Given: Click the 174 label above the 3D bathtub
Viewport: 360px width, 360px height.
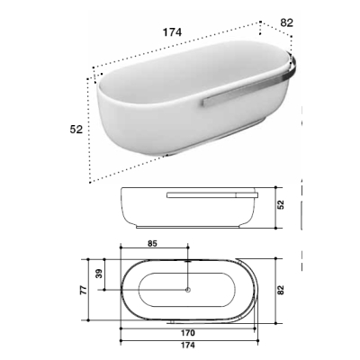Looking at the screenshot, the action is click(172, 32).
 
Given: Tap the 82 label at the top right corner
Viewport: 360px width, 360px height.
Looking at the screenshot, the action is click(286, 22).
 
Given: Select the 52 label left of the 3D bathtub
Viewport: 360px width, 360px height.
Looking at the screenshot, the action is click(76, 130).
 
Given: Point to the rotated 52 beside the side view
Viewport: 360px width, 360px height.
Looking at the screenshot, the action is click(281, 205).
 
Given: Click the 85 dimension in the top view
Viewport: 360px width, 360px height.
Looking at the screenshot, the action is click(152, 244).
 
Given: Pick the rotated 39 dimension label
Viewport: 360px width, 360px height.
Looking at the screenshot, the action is click(99, 274).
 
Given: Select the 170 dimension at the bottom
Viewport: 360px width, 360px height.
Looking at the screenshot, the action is click(188, 333).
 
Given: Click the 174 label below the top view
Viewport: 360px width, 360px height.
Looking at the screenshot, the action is click(188, 346).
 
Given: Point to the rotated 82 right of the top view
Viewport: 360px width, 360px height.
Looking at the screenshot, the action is click(281, 290).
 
